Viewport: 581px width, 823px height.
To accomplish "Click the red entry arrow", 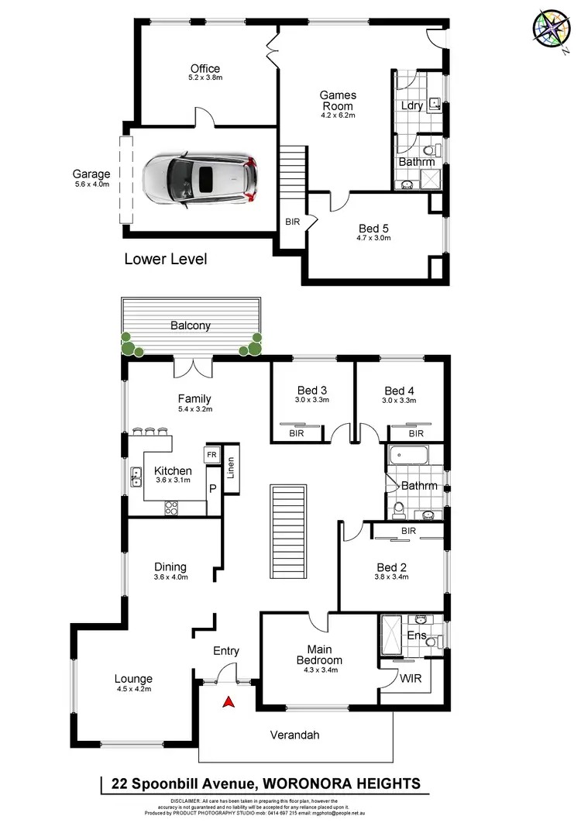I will [x=229, y=702].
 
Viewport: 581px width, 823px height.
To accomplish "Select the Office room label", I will [x=205, y=68].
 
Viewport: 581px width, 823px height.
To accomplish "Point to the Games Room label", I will [x=337, y=101].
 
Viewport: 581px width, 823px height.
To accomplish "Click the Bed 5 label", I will [x=374, y=228].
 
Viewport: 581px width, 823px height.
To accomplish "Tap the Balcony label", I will [x=191, y=325].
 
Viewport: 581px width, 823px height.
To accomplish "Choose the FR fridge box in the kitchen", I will [x=211, y=454].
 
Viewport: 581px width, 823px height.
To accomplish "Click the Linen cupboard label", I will [x=230, y=469].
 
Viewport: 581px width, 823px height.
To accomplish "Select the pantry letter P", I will [x=212, y=489].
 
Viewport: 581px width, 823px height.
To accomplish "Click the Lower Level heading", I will [x=166, y=259].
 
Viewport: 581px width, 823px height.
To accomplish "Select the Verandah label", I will [x=294, y=735].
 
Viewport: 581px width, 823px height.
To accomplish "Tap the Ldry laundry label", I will [x=412, y=105].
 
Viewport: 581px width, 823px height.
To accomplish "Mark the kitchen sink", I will [x=136, y=476].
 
